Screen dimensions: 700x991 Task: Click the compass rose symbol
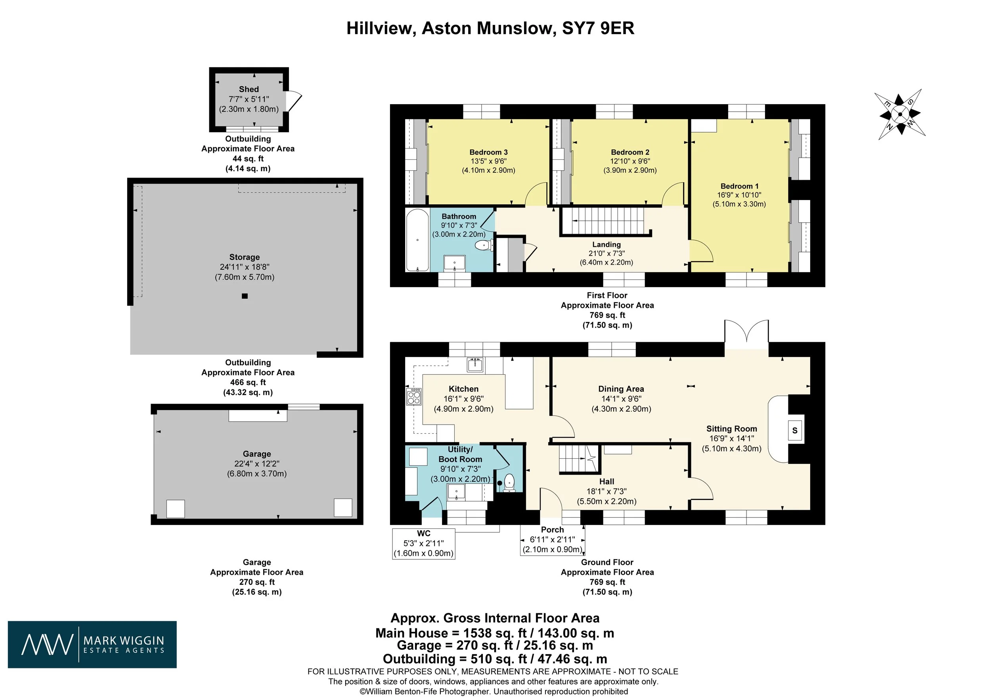tap(899, 114)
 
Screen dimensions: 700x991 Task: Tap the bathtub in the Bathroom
tap(417, 240)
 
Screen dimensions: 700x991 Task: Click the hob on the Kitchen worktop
tap(413, 397)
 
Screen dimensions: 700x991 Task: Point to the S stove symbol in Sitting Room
tap(795, 431)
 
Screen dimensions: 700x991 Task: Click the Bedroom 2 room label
tap(630, 152)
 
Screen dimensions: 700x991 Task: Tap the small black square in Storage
tap(245, 296)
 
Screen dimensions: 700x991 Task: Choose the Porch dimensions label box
tap(552, 540)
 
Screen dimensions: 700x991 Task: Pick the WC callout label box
tap(423, 544)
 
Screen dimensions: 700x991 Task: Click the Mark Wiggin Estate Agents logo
tap(92, 645)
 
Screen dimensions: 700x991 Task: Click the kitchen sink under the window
tap(476, 365)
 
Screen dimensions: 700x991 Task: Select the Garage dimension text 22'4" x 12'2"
tap(257, 463)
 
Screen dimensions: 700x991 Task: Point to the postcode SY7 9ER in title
tap(598, 29)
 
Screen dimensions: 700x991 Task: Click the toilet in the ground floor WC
tap(510, 483)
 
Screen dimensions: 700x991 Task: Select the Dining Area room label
tap(621, 389)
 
